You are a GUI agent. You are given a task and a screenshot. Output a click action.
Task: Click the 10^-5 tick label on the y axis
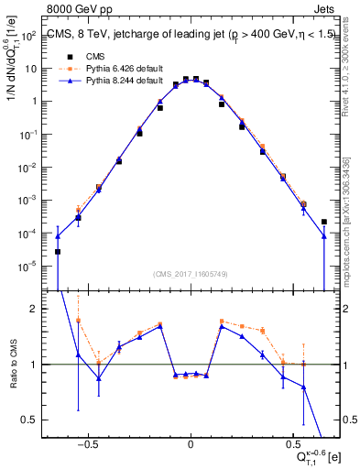pos(29,267)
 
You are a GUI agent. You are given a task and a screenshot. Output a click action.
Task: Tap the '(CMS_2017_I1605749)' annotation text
pos(191,274)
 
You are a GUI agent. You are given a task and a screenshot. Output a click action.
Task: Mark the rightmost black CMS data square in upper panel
pos(324,222)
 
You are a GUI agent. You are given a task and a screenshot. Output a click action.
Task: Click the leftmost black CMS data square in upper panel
pos(58,252)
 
